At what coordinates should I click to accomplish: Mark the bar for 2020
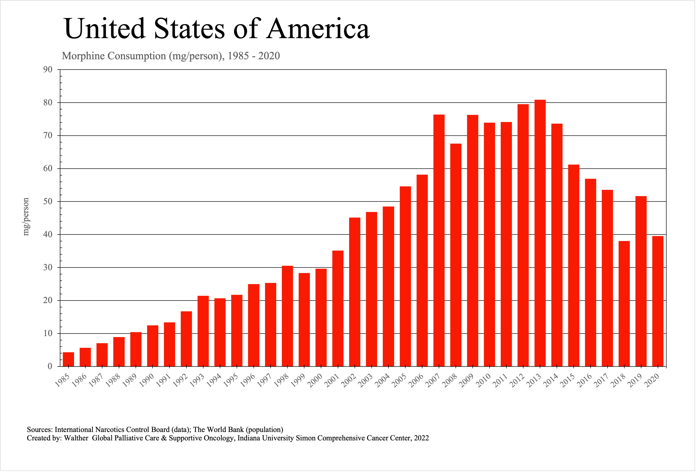658,301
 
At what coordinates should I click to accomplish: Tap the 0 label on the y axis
50,366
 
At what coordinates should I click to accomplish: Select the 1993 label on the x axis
197,381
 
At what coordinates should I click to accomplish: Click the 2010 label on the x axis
483,381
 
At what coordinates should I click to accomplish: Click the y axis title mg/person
26,216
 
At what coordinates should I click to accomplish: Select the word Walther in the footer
76,438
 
